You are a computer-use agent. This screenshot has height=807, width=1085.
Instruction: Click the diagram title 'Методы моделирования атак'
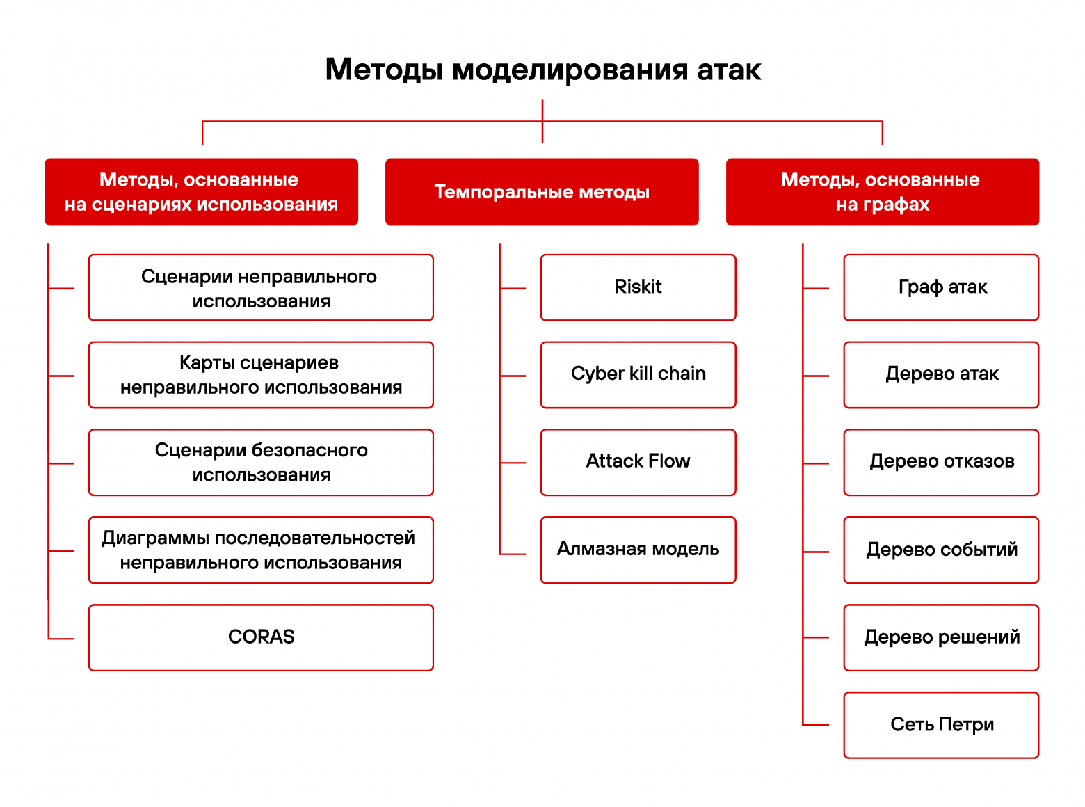point(542,70)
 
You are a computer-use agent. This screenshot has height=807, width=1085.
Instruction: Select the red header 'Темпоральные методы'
point(542,192)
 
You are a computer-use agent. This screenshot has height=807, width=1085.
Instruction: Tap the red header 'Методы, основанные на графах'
point(882,192)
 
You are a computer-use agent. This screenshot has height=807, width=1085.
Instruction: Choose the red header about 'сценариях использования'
point(201,192)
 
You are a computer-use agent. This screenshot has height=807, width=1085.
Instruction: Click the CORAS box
point(261,637)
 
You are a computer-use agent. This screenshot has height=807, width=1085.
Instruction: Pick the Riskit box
point(638,287)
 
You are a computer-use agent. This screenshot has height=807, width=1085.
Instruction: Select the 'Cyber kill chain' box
point(638,374)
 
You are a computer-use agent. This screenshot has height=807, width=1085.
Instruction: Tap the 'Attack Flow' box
point(638,462)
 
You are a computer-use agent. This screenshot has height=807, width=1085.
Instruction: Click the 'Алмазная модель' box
point(638,550)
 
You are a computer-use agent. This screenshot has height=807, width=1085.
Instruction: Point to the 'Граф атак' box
point(941,287)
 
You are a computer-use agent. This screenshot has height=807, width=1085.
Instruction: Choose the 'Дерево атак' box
point(941,374)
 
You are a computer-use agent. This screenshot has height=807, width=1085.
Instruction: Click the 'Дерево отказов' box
point(941,462)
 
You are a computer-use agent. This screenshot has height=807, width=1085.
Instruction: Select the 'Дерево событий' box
point(941,550)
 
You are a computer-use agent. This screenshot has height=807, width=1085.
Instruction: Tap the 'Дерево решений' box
point(941,637)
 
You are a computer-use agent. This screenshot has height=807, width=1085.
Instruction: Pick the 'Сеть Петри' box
point(941,725)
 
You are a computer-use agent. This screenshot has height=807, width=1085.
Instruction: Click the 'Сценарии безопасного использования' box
point(261,462)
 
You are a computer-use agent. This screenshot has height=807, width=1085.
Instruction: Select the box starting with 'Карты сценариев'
point(261,374)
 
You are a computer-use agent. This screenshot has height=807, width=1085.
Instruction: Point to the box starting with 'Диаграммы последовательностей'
point(261,550)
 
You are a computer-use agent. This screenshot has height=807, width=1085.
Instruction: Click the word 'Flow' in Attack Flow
point(669,461)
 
